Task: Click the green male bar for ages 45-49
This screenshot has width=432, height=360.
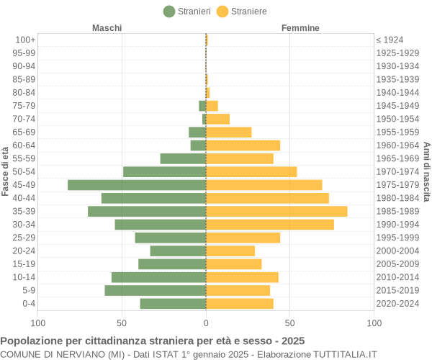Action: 137,185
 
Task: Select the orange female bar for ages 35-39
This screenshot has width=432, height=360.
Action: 276,211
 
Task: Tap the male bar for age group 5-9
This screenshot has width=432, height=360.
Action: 155,290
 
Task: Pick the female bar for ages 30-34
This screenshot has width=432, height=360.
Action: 270,225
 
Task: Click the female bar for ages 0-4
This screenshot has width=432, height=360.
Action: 240,303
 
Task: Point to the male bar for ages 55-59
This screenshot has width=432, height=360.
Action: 183,158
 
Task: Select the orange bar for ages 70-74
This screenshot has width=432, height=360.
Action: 217,119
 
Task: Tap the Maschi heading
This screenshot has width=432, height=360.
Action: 107,28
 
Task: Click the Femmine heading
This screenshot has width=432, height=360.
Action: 301,28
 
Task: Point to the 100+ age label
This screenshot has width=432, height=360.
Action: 24,40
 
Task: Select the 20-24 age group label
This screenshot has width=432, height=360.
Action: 24,251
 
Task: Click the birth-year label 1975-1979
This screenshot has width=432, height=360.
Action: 397,185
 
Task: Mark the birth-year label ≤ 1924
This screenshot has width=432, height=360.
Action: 390,40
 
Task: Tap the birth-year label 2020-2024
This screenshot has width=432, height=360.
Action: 397,303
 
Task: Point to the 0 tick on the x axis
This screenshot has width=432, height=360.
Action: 206,323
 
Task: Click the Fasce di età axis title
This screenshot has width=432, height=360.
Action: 6,171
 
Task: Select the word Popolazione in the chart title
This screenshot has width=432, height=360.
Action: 31,341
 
